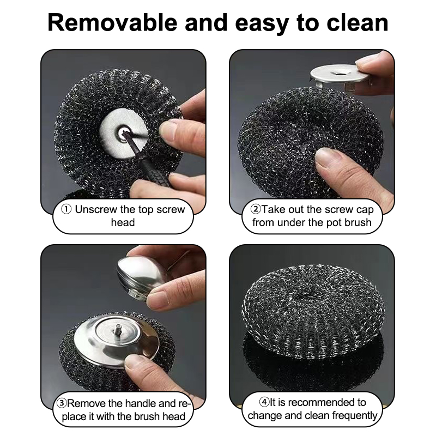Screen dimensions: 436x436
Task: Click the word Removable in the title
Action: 112,23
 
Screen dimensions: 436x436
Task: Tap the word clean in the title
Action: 358,23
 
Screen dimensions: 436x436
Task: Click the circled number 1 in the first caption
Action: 66,209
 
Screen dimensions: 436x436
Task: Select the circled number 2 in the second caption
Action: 255,209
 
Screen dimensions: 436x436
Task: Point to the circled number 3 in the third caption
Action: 62,403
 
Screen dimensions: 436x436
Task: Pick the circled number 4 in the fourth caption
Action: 264,402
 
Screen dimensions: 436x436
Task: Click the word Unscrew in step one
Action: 96,209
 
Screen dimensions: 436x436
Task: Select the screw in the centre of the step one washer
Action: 123,133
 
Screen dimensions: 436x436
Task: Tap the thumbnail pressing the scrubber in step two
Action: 325,157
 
